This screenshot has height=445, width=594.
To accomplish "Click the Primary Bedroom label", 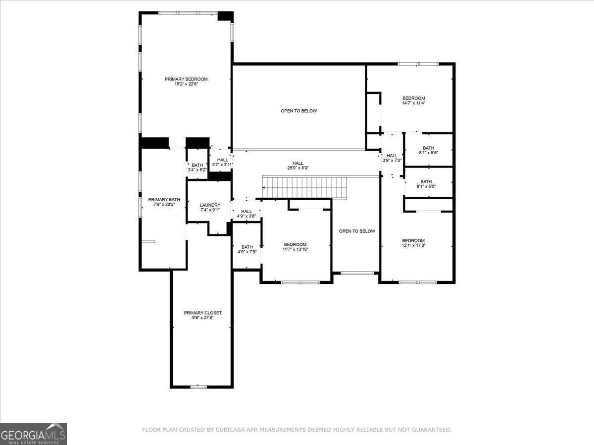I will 186,79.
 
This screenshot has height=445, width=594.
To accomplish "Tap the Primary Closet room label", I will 202,312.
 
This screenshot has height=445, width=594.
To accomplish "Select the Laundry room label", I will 210,205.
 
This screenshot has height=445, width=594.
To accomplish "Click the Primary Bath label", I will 164,200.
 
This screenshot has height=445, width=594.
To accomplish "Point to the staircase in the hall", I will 304,187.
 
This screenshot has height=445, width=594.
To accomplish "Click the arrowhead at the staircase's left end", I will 264,187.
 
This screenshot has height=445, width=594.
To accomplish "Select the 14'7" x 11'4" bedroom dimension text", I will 413,103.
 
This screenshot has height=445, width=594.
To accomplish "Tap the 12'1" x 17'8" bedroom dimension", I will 413,246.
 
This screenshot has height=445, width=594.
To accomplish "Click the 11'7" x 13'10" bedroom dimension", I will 295,250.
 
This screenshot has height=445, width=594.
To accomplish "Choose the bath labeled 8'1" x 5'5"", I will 428,153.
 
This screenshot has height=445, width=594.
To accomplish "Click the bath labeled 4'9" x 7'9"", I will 247,252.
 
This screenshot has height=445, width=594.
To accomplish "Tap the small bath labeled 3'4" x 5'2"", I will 197,170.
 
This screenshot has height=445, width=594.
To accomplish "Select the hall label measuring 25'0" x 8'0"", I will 297,168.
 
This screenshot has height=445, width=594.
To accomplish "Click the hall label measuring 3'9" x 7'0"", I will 392,160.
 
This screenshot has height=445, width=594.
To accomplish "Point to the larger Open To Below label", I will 298,111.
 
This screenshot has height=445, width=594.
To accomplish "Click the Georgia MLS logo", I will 33,434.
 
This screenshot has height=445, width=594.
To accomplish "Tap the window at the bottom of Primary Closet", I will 198,387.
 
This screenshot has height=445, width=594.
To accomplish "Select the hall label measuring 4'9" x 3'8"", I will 246,216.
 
